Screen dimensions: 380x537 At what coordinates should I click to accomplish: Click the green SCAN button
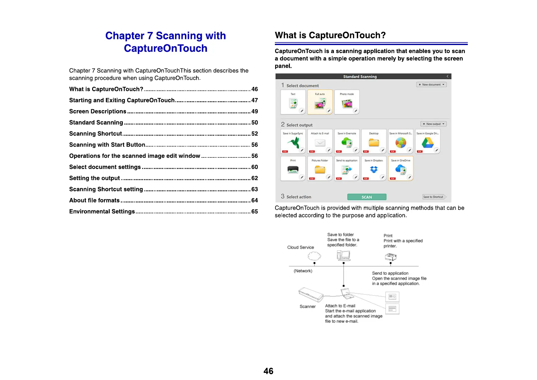click(x=367, y=197)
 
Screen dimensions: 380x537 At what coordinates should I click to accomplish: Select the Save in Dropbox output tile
click(x=374, y=168)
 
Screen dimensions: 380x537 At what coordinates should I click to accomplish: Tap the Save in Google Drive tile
click(x=428, y=141)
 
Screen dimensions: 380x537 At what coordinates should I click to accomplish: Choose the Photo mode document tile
click(x=347, y=102)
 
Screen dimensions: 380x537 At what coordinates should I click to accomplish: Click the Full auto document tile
click(x=320, y=102)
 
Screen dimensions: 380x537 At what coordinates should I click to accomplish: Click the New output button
click(x=433, y=124)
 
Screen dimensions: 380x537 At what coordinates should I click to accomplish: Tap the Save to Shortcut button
click(x=433, y=197)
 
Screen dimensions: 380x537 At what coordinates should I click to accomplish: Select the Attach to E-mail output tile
click(x=320, y=141)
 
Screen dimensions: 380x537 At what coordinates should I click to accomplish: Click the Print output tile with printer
click(x=293, y=168)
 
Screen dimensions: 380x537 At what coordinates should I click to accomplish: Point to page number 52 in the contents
click(x=254, y=134)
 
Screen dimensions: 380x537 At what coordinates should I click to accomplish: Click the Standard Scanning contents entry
click(x=96, y=123)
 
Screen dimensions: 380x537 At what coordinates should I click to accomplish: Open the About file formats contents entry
click(x=94, y=201)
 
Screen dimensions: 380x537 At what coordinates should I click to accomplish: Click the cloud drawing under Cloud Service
click(x=314, y=256)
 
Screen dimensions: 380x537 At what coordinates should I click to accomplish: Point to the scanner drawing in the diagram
click(x=310, y=293)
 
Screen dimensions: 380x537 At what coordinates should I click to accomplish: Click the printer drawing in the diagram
click(x=391, y=257)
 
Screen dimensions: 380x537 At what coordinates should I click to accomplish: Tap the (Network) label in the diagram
click(x=303, y=271)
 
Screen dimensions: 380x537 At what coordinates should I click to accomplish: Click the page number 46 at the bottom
click(x=268, y=371)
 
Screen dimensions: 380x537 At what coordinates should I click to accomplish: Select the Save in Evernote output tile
click(x=347, y=141)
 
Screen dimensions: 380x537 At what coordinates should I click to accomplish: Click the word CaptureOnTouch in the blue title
click(x=166, y=48)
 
